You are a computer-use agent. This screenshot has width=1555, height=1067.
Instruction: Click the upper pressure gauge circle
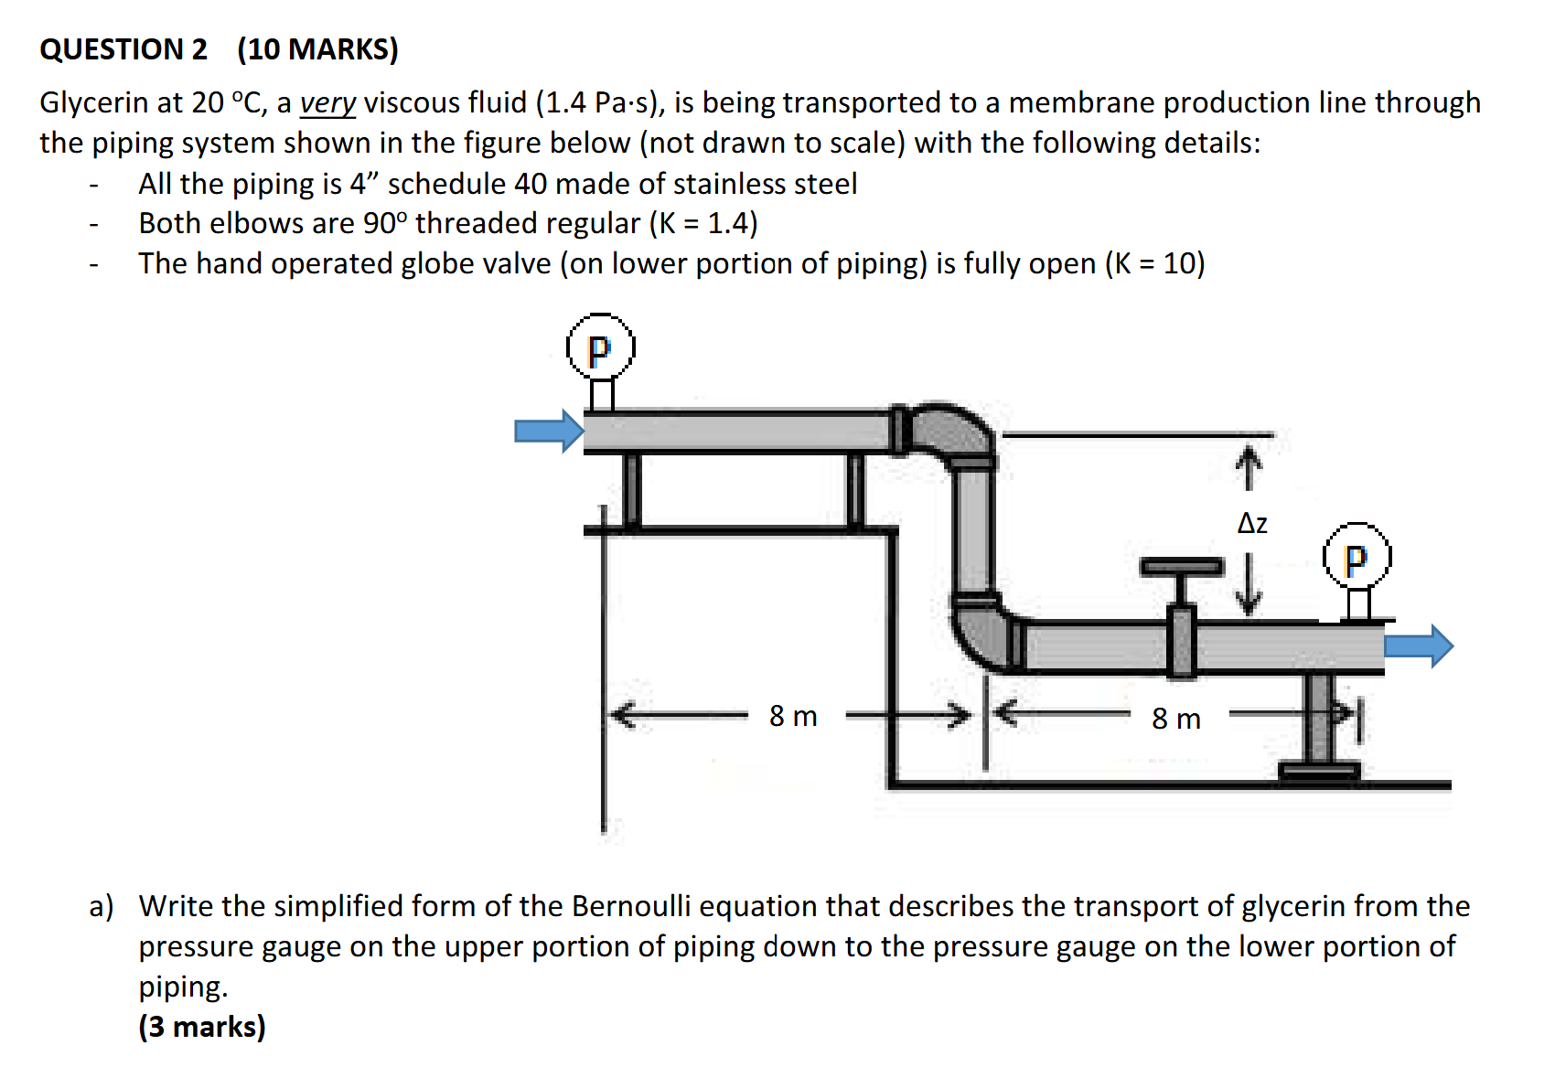pyautogui.click(x=600, y=347)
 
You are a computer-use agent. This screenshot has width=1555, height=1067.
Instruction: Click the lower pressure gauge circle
pyautogui.click(x=1357, y=556)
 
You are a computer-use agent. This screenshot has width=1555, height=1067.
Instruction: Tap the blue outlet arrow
pyautogui.click(x=1419, y=646)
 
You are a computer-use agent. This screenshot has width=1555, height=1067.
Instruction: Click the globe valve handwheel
pyautogui.click(x=1181, y=567)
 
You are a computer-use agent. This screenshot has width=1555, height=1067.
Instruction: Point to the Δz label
pyautogui.click(x=1252, y=524)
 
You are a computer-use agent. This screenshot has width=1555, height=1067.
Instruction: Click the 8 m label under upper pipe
pyautogui.click(x=793, y=716)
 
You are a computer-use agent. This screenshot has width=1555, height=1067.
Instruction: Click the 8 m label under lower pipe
pyautogui.click(x=1175, y=719)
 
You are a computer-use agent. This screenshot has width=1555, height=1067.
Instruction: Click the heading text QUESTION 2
pyautogui.click(x=123, y=48)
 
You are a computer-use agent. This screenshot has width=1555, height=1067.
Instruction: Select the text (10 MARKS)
pyautogui.click(x=317, y=48)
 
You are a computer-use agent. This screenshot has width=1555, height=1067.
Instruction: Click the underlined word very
pyautogui.click(x=327, y=103)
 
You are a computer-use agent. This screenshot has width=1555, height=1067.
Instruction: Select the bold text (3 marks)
pyautogui.click(x=202, y=1026)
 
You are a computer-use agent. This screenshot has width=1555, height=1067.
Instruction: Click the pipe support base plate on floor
pyautogui.click(x=1319, y=771)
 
